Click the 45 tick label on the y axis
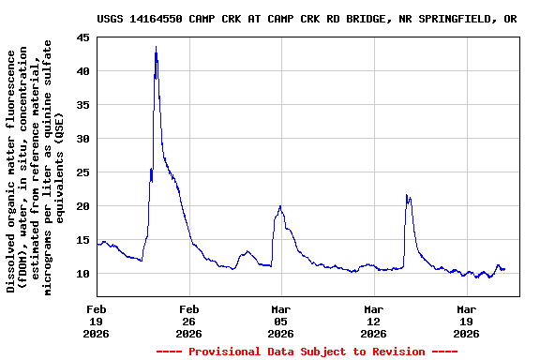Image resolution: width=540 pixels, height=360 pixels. [83, 37]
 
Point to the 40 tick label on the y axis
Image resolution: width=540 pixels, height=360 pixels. [83, 71]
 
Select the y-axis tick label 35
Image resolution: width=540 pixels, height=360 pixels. [83, 105]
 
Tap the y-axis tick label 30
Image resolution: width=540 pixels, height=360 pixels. [83, 139]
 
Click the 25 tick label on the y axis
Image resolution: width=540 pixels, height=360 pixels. [83, 172]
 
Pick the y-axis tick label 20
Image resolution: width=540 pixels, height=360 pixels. [83, 206]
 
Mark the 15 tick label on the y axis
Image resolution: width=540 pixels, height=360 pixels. [83, 240]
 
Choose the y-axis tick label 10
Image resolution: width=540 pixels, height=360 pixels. [83, 274]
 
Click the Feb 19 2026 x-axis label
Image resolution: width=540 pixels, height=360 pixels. [97, 321]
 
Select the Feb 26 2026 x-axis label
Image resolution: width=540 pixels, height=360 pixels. [189, 321]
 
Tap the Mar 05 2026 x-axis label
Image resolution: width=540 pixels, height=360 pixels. [281, 321]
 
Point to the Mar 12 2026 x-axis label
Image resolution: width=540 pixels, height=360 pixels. [373, 321]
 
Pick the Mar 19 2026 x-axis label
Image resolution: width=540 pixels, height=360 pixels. [466, 321]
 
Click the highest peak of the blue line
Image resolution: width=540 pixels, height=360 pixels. [156, 47]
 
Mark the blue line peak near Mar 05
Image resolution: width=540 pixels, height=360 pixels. [280, 206]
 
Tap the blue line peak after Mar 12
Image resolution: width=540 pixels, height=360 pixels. [406, 195]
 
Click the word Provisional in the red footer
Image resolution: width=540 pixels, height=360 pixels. [226, 352]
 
